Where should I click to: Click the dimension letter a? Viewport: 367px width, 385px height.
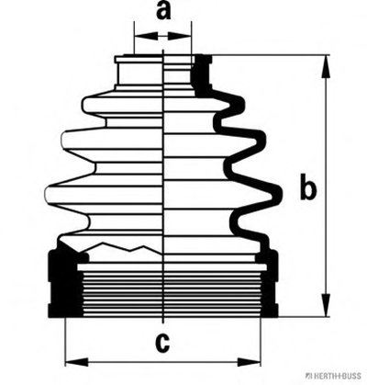tap(163, 12)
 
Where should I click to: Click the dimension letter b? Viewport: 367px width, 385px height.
tap(307, 187)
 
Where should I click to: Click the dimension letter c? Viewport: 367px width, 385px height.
tap(162, 343)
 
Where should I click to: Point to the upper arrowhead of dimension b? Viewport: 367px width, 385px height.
tap(327, 66)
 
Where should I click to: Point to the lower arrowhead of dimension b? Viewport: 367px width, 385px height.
tap(327, 305)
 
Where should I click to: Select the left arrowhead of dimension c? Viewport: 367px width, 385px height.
tap(77, 362)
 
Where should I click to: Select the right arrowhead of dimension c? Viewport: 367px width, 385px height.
tap(249, 362)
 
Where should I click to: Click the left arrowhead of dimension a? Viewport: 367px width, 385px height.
tap(147, 36)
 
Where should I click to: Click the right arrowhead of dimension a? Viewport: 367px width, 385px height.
tap(179, 36)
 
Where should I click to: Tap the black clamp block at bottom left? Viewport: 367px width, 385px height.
tap(65, 283)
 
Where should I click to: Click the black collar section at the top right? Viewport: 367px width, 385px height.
tap(202, 74)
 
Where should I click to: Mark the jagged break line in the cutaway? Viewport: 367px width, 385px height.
tap(122, 248)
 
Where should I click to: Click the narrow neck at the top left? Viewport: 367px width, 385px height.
tap(139, 73)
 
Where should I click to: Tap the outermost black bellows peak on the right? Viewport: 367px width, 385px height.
tap(276, 194)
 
